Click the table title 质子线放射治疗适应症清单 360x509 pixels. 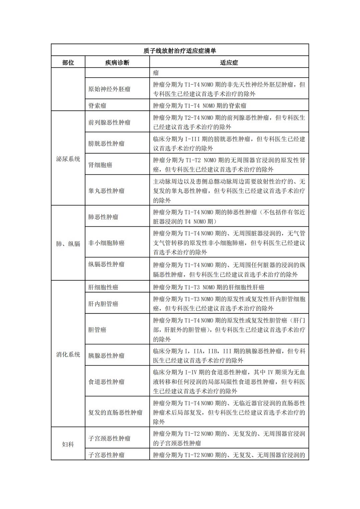pyautogui.click(x=180, y=51)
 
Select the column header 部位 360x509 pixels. pyautogui.click(x=68, y=62)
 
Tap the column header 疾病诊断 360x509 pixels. pyautogui.click(x=117, y=62)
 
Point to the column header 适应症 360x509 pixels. pyautogui.click(x=229, y=62)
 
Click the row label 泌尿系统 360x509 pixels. pyautogui.click(x=68, y=159)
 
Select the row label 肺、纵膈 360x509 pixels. pyautogui.click(x=68, y=244)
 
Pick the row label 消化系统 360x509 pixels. pyautogui.click(x=68, y=354)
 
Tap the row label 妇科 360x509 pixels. pyautogui.click(x=68, y=444)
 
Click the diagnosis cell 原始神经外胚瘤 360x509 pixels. pyautogui.click(x=109, y=89)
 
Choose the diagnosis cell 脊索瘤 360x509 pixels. pyautogui.click(x=97, y=106)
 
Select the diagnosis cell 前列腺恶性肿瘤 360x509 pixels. pyautogui.click(x=109, y=122)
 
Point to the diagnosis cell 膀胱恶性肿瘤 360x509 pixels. pyautogui.click(x=106, y=144)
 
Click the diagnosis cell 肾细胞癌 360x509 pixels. pyautogui.click(x=100, y=165)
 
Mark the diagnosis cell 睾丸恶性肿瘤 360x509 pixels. pyautogui.click(x=106, y=191)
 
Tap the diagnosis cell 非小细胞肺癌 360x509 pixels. pyautogui.click(x=106, y=243)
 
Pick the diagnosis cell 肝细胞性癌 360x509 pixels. pyautogui.click(x=103, y=287)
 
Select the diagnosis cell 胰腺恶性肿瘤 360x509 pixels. pyautogui.click(x=106, y=356)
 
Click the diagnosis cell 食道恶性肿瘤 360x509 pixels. pyautogui.click(x=106, y=382)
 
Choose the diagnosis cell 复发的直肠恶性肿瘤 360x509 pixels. pyautogui.click(x=115, y=412)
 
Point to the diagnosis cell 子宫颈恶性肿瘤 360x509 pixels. pyautogui.click(x=109, y=438)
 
